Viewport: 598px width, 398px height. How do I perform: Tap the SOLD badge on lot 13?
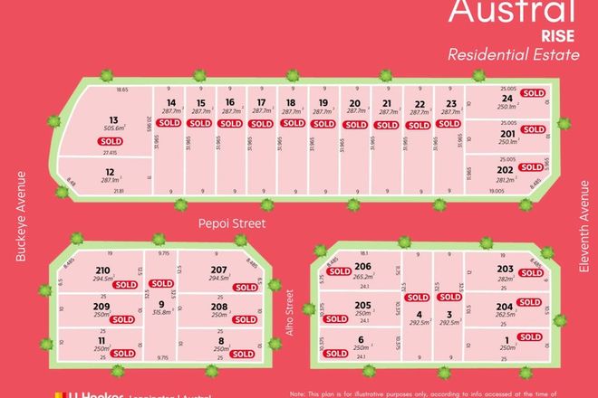[111, 141]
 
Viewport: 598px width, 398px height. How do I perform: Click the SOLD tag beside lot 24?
[533, 92]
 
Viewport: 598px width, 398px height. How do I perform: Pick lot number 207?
[217, 270]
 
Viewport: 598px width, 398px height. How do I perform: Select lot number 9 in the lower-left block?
[160, 304]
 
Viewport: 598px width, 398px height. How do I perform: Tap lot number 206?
[362, 265]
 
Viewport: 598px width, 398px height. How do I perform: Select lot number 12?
[109, 172]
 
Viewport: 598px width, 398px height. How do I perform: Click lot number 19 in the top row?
[323, 103]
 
